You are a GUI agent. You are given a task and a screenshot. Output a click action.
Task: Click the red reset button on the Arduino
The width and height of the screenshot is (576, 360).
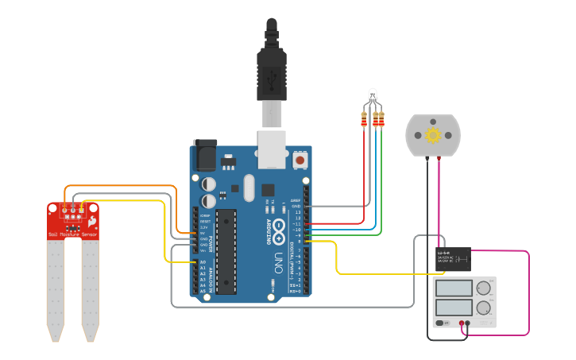coord(300,160)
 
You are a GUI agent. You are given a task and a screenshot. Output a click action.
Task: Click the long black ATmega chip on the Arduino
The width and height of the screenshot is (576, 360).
coord(226,250)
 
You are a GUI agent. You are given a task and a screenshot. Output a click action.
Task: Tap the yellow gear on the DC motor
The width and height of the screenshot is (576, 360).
coord(433,134)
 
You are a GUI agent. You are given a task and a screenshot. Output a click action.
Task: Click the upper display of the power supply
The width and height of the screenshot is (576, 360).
coord(451,288)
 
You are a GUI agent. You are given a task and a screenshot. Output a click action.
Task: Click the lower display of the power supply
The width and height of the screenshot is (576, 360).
coord(451,306)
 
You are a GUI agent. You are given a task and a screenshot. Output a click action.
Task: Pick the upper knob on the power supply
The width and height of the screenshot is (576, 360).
coord(483,289)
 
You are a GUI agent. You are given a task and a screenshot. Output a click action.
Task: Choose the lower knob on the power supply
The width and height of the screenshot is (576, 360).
coord(483,308)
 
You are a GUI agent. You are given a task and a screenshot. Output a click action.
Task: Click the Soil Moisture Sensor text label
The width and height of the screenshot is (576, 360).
coord(73,235)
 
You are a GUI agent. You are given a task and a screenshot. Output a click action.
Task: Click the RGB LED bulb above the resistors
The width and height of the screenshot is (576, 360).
coord(373,97)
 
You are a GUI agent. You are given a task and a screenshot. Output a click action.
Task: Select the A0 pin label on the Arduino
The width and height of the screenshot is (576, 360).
coord(203,262)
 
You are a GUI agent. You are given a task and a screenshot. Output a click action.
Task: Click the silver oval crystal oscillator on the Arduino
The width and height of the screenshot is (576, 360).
coord(249,188)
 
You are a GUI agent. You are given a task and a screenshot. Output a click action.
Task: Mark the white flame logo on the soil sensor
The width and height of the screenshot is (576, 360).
coord(93,220)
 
